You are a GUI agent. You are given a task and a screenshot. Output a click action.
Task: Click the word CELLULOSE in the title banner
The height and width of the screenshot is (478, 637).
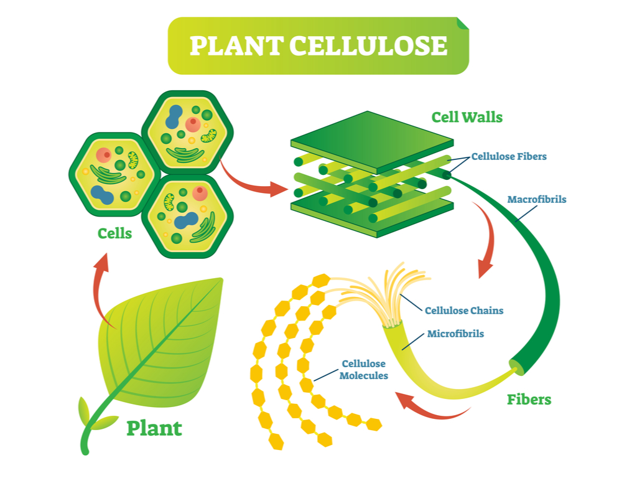[368, 46]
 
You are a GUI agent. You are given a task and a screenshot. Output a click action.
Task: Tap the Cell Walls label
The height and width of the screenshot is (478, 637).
[467, 116]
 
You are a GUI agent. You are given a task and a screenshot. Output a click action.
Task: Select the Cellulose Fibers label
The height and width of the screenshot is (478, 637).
[509, 156]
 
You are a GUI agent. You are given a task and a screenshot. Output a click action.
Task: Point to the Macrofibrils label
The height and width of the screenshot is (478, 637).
[537, 200]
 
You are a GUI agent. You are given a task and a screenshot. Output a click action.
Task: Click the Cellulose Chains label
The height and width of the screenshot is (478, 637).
[464, 310]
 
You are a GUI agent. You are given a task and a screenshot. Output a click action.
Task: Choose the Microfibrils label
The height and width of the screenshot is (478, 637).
[455, 334]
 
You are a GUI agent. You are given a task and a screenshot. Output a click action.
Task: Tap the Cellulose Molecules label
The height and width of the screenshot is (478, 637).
[364, 370]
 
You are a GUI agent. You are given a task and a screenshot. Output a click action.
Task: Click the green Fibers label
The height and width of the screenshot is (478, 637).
[529, 399]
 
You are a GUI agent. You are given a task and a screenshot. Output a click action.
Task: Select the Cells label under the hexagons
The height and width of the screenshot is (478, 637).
[115, 233]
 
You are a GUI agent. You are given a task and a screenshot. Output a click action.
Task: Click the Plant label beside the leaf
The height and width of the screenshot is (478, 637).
[154, 428]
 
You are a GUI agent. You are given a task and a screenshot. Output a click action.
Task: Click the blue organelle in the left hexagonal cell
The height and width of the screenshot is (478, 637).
[102, 195]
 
